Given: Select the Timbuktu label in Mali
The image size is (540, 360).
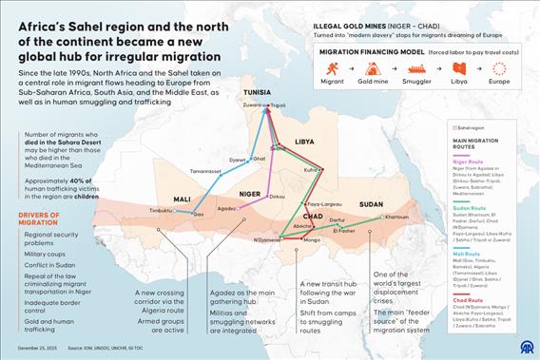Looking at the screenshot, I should [x=161, y=209].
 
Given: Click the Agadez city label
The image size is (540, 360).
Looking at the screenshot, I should [x=225, y=207].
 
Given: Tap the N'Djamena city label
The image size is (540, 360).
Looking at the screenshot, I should [x=269, y=239].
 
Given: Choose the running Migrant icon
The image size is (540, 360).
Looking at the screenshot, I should [x=332, y=68].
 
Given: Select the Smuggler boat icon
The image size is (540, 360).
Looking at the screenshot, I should [x=415, y=68].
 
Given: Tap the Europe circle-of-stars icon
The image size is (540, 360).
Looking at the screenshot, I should [x=501, y=68].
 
